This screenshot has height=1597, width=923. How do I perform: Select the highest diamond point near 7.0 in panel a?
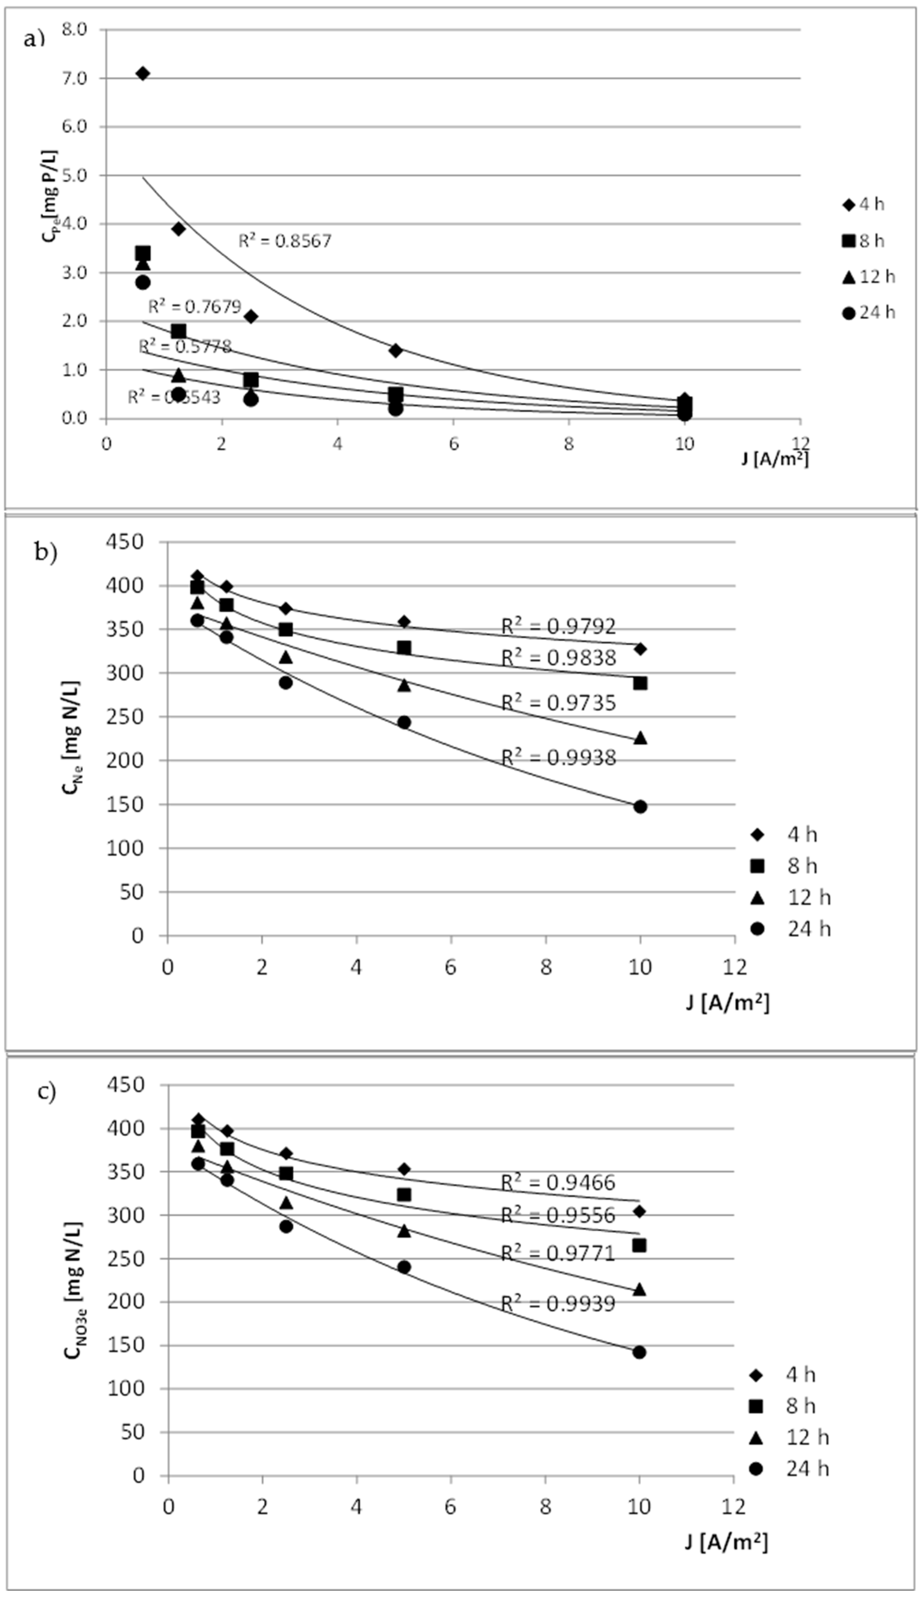(x=143, y=74)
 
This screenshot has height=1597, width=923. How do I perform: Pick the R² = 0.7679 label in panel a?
(x=195, y=307)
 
